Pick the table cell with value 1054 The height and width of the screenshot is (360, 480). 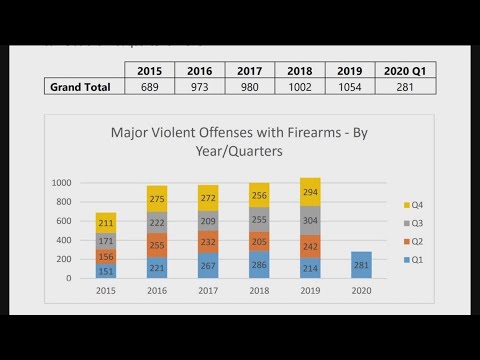point(350,87)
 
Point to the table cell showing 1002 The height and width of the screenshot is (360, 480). point(298,87)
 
